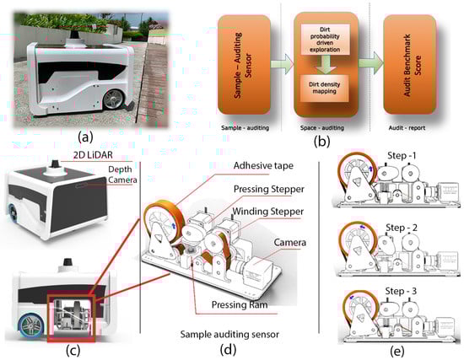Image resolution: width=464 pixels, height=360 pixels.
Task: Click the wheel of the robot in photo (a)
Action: (113, 99)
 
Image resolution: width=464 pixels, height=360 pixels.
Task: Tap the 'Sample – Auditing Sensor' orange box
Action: (244, 65)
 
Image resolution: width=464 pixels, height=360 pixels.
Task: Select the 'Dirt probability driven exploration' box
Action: (325, 40)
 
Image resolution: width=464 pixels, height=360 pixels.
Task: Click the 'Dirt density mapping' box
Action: (324, 88)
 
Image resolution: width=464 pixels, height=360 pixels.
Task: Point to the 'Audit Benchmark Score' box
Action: (409, 65)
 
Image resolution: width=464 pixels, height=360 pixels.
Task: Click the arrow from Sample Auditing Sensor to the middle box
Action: (282, 64)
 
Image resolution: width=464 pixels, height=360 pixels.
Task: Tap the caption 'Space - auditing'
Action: (322, 128)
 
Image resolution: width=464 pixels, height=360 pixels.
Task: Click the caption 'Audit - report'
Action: (407, 128)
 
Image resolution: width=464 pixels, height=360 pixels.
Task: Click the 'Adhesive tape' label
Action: (263, 165)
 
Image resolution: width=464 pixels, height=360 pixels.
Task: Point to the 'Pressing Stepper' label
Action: (268, 189)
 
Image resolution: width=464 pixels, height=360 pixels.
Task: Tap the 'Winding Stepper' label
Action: (267, 212)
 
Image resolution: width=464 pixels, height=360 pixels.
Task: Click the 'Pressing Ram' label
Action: (240, 304)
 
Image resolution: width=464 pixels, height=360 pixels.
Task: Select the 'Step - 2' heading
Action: (402, 228)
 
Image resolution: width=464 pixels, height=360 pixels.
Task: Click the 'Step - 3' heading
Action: (401, 291)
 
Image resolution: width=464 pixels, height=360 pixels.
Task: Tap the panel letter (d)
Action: (228, 350)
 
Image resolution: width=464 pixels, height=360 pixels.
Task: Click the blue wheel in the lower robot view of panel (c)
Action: (30, 327)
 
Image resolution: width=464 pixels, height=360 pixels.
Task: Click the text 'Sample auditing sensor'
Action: (229, 335)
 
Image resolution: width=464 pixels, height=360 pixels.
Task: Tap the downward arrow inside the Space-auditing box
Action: (325, 64)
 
